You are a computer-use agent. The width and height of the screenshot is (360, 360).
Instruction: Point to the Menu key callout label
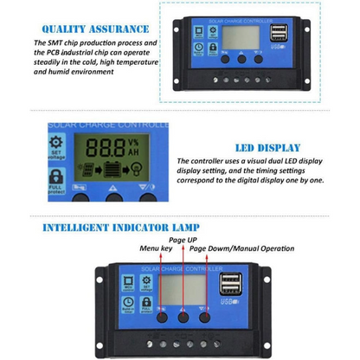157,249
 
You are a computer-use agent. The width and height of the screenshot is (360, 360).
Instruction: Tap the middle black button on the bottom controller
183,317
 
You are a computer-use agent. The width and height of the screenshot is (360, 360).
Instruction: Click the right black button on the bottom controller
204,317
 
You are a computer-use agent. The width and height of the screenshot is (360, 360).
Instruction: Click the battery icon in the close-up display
112,169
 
